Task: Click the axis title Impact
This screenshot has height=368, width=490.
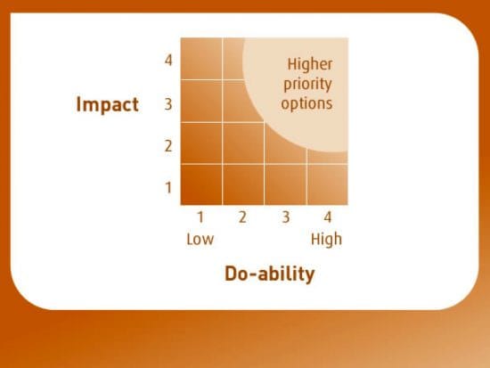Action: (x=107, y=104)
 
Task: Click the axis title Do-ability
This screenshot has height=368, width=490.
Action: (x=269, y=274)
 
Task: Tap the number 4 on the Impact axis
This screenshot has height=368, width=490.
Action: (x=167, y=61)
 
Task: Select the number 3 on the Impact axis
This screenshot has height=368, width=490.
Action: (x=167, y=104)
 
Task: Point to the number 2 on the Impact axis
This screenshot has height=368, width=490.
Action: (x=167, y=146)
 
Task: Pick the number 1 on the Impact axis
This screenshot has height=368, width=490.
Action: (x=167, y=188)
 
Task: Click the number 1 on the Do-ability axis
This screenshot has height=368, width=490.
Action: (x=200, y=217)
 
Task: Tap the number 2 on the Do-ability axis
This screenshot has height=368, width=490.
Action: (x=241, y=217)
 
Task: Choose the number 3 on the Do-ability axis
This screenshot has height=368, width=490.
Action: (x=285, y=217)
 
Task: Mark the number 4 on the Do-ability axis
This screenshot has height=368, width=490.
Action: (x=326, y=217)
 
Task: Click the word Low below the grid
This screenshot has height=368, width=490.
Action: (x=200, y=239)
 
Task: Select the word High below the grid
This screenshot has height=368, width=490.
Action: (x=326, y=239)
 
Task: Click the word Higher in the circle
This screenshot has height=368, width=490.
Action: (x=309, y=64)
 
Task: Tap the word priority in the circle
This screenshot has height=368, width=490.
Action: (x=309, y=84)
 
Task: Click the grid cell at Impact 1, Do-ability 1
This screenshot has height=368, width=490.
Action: (x=201, y=184)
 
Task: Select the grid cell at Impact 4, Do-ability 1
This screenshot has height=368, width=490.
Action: (x=201, y=59)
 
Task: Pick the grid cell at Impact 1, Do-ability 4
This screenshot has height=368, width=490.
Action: (x=327, y=184)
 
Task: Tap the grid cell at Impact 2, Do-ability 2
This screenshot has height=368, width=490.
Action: (x=243, y=143)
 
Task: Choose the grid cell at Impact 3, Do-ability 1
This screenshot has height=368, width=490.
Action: (x=201, y=101)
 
